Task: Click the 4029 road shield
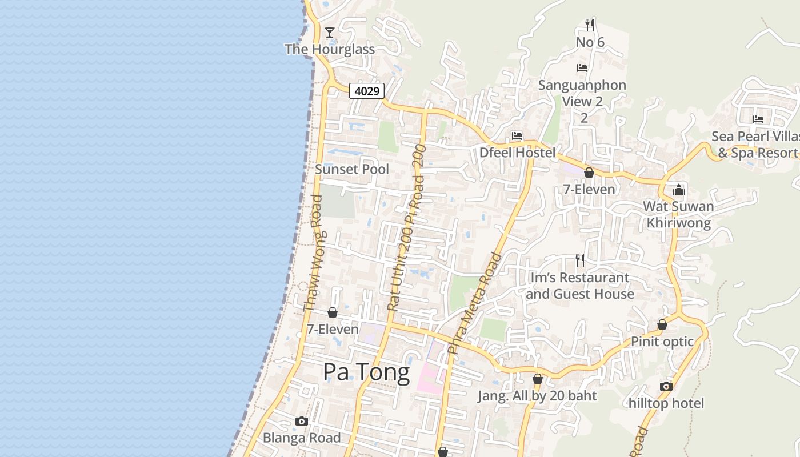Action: point(367,90)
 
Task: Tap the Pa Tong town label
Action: point(366,372)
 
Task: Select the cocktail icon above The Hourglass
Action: point(330,32)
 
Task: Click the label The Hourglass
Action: point(330,49)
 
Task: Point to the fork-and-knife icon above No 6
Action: point(590,25)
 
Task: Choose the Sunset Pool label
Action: point(352,169)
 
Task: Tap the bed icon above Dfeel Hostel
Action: point(517,136)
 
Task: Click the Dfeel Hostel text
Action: point(517,153)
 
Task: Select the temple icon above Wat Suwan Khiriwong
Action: point(679,189)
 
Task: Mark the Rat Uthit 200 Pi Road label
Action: point(407,228)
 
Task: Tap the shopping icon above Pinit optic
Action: point(662,324)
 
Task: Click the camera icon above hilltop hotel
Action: point(666,386)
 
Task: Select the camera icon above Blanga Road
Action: point(302,422)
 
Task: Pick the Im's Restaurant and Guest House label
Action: point(580,286)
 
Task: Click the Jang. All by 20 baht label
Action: point(537,396)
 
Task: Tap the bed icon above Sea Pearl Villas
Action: point(758,119)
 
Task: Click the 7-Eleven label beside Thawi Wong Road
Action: point(333,329)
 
